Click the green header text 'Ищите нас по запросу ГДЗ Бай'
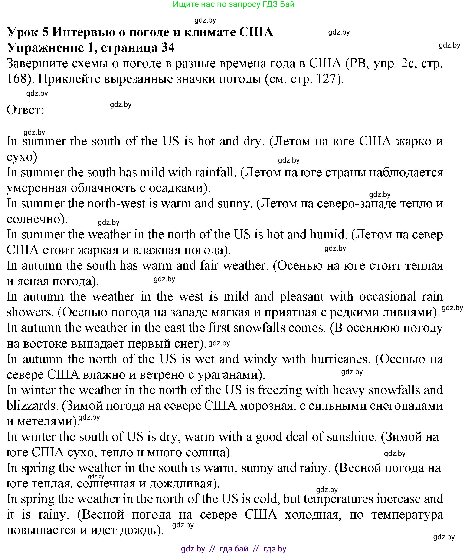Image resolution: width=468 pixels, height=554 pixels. [233, 4]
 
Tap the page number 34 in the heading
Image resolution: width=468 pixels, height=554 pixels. [168, 48]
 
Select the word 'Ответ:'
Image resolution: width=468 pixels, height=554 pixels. [25, 110]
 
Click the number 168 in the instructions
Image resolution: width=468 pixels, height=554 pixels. [16, 79]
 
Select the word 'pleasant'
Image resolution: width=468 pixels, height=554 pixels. [301, 296]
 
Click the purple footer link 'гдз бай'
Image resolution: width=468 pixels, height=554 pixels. [234, 548]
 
